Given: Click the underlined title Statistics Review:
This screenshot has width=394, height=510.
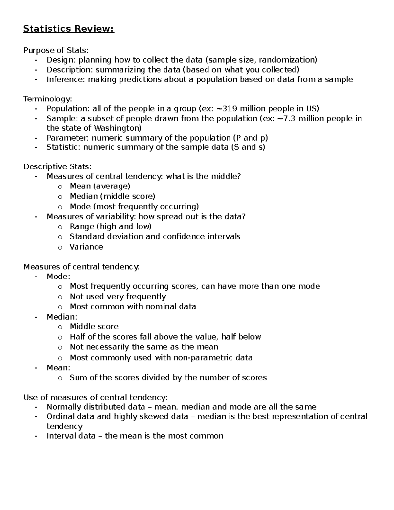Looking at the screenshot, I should pos(69,29).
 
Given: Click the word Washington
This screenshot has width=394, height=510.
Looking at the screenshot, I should pos(117,128).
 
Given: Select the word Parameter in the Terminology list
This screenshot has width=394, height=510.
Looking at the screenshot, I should pos(68,138).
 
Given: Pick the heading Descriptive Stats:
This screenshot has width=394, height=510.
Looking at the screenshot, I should pos(57,167).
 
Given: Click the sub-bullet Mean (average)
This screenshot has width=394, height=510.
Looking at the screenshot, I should pos(100,186).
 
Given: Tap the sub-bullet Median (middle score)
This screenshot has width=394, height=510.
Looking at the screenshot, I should pos(112,196).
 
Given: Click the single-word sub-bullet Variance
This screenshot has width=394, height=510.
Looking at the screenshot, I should pos(86,247).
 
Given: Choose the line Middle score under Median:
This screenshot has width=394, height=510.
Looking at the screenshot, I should pos(94,327).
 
